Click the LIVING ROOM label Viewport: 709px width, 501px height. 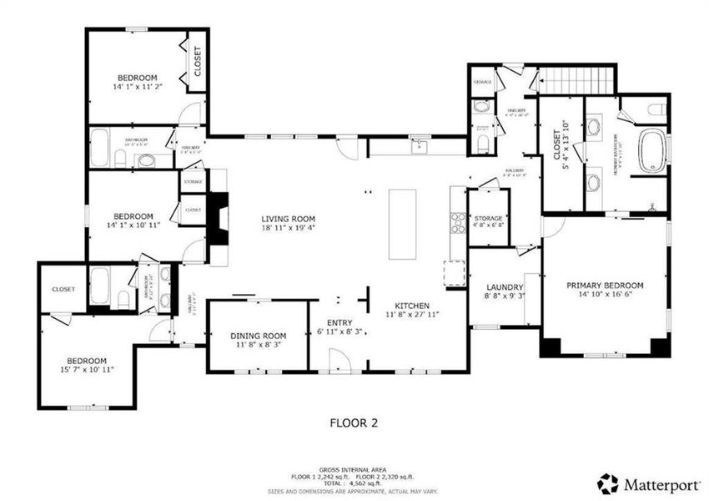(x=289, y=219)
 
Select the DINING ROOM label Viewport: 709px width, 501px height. (x=258, y=336)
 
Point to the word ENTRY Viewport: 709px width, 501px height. (x=339, y=322)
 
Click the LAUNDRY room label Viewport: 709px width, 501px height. (x=503, y=287)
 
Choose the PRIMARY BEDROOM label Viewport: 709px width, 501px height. (x=605, y=286)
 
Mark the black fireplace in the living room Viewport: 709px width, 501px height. (x=219, y=219)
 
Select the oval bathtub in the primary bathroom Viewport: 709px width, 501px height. (x=652, y=151)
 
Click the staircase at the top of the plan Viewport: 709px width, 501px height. (x=576, y=81)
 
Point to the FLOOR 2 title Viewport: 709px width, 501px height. (x=349, y=423)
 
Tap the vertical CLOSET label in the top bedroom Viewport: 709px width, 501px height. (x=198, y=61)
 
